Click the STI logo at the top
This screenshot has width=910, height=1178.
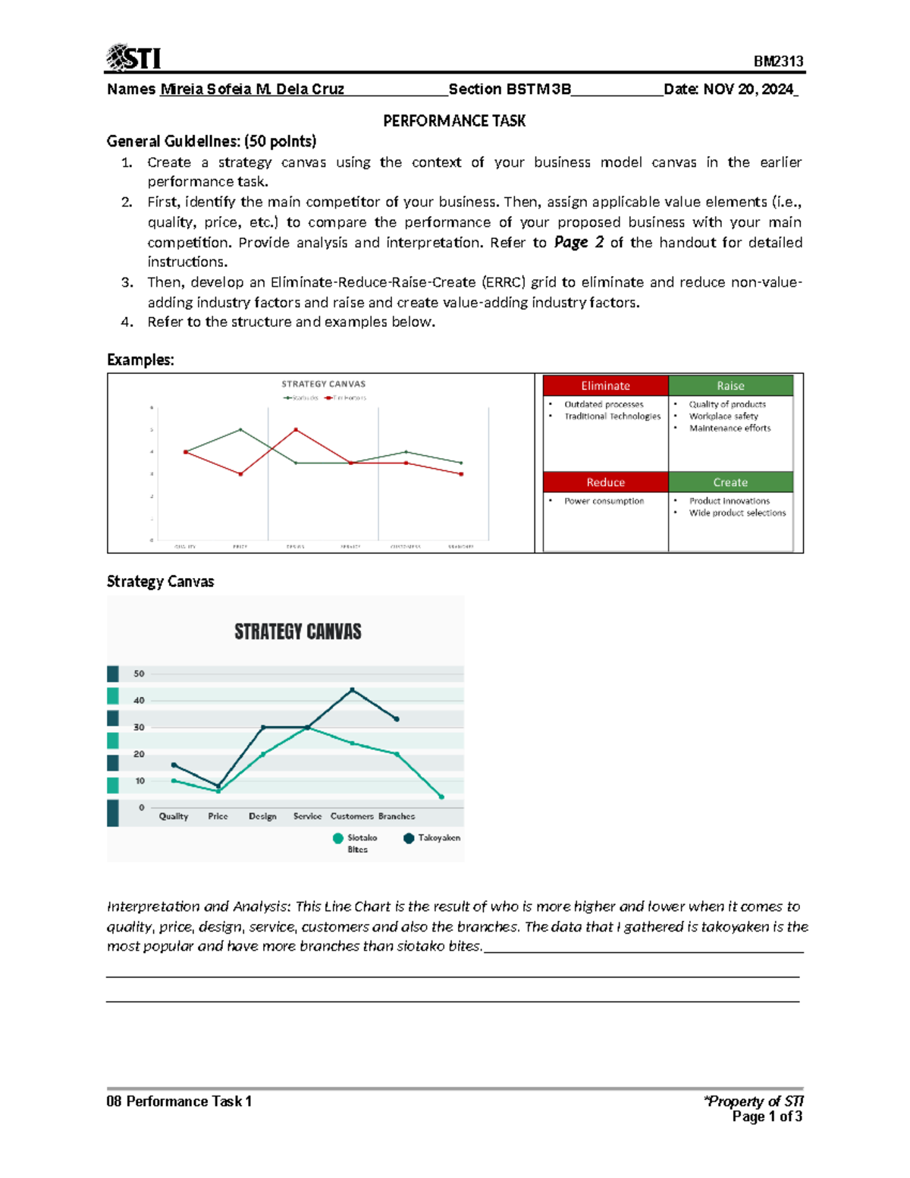click(133, 58)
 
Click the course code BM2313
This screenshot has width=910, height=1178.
click(778, 61)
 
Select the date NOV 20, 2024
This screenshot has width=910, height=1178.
click(748, 90)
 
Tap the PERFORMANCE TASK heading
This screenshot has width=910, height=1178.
click(454, 121)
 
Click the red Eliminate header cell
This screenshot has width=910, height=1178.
click(605, 385)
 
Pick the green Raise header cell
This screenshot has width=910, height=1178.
click(730, 385)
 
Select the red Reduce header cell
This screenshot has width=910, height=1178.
click(605, 482)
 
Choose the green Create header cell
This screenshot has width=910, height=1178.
click(730, 482)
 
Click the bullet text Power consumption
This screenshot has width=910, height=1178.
click(604, 501)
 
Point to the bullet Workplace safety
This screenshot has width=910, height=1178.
click(723, 416)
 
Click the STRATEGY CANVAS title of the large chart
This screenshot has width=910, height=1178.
click(297, 632)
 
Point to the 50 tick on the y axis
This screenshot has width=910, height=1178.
click(139, 674)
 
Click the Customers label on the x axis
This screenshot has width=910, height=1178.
click(352, 816)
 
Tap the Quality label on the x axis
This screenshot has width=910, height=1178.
click(174, 816)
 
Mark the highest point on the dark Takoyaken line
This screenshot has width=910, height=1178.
click(352, 690)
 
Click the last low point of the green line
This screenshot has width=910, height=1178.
click(441, 796)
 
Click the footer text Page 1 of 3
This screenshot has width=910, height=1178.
click(767, 1117)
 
